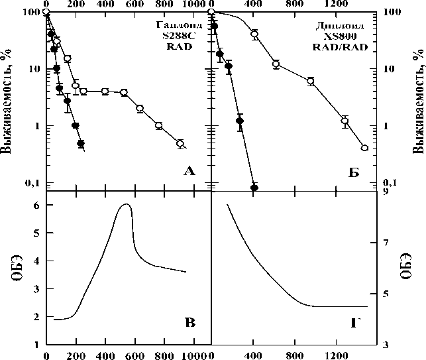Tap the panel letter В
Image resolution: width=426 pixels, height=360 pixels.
[189, 324]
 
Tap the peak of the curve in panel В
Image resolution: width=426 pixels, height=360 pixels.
[126, 205]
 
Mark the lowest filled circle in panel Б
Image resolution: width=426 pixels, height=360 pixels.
[254, 188]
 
